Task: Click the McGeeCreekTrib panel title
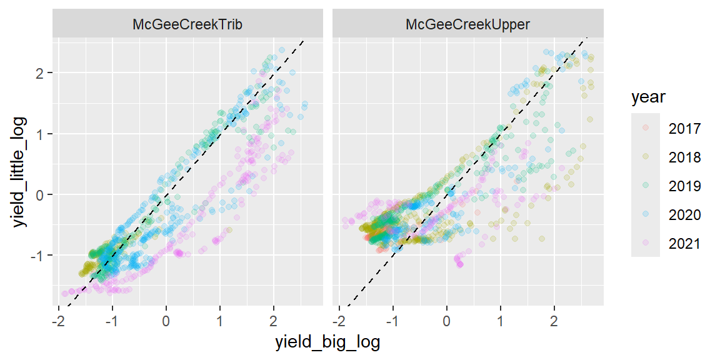click(x=187, y=25)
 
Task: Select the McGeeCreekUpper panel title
click(x=467, y=25)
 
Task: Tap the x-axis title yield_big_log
click(x=328, y=343)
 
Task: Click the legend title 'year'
click(x=648, y=97)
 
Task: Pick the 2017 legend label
click(x=684, y=129)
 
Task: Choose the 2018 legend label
click(x=684, y=157)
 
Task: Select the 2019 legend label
click(x=684, y=186)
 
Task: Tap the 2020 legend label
click(x=684, y=215)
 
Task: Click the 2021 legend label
click(x=684, y=244)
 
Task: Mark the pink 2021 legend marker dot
click(x=646, y=244)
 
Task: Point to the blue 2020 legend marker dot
click(x=646, y=215)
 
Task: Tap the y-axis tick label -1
click(x=39, y=255)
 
